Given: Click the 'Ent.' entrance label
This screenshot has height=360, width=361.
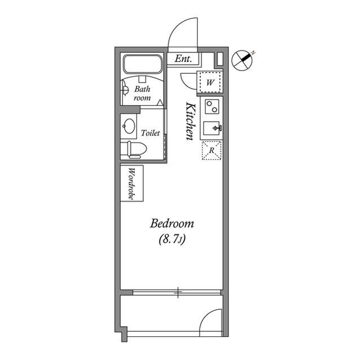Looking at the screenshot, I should coord(183,59).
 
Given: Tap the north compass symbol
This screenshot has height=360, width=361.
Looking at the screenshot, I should coord(243,60).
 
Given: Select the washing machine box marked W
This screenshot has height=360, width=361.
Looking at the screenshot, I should coord(210,82).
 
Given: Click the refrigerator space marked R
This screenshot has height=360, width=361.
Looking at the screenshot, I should coord(210,150).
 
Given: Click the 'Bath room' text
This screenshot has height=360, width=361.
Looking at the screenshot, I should coord(142,93).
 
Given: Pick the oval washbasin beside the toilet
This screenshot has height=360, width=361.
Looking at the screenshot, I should coord(129,126).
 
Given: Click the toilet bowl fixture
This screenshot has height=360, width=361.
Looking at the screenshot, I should coord(136,149).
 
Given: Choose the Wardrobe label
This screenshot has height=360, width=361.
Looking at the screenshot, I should coord(131,183).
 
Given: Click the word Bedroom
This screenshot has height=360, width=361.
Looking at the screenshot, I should coord(172,224).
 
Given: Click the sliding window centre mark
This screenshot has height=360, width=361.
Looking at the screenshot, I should coord(178,291).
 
